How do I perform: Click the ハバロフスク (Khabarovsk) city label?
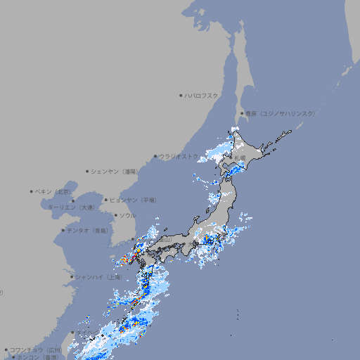tap(202, 95)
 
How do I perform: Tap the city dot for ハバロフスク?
tap(181, 95)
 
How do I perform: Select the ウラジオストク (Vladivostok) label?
tap(179, 156)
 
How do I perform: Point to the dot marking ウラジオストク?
tap(155, 156)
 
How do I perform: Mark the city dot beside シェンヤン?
tap(87, 171)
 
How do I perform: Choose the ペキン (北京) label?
tap(54, 191)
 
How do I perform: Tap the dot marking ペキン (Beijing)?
tap(32, 191)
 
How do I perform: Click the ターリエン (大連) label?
tap(70, 207)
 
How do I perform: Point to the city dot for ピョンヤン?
tap(107, 200)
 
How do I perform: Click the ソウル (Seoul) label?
tap(127, 215)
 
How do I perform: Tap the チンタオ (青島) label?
tap(88, 231)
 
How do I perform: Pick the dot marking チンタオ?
tap(63, 230)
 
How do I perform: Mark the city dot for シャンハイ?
tap(72, 277)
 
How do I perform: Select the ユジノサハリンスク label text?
tap(280, 114)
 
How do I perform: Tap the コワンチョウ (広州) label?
tap(35, 349)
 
